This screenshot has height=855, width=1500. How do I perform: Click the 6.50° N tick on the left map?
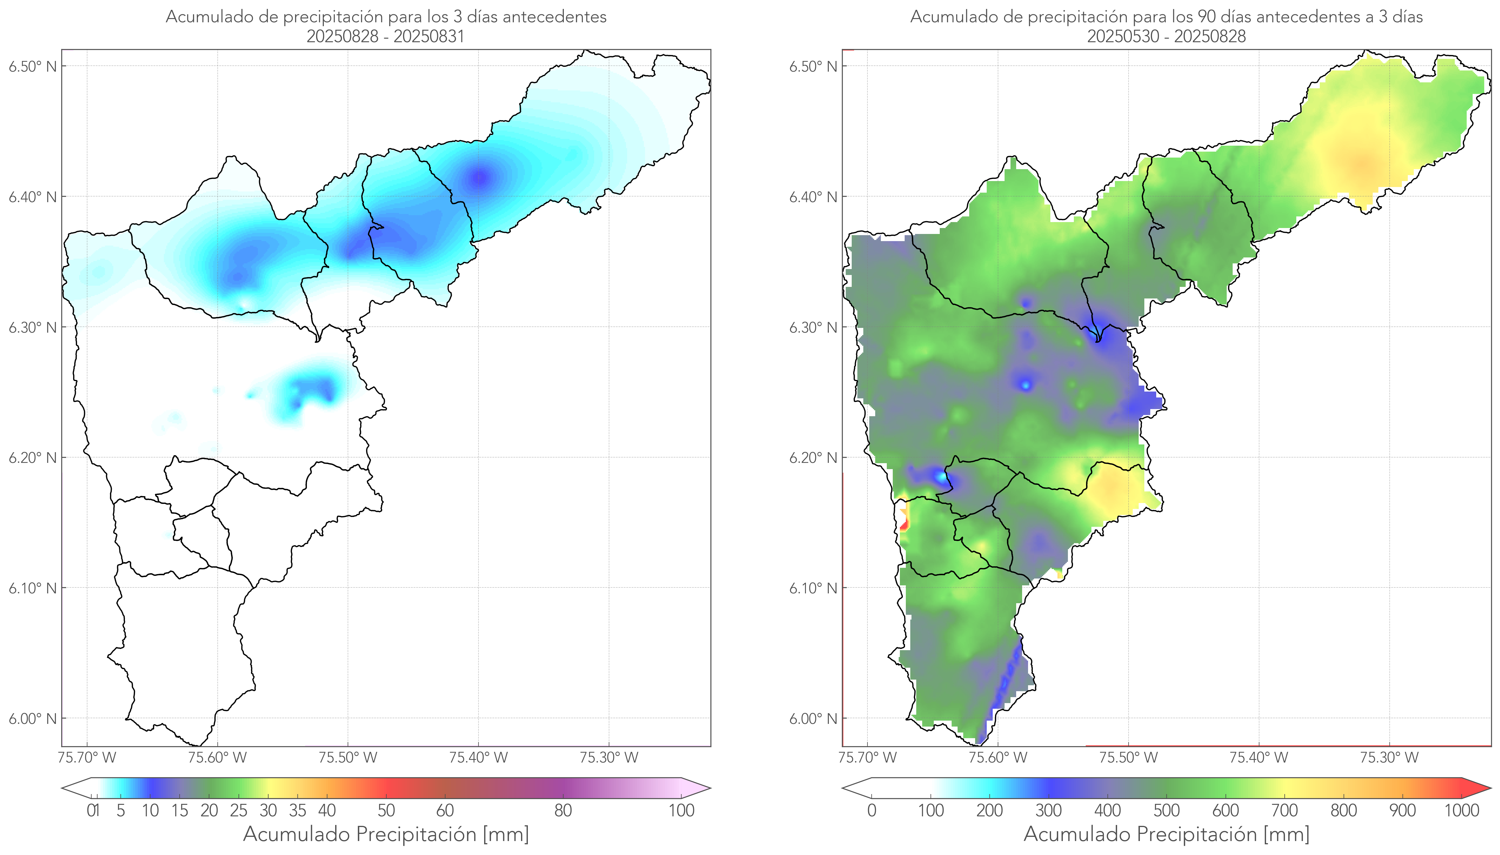[32, 66]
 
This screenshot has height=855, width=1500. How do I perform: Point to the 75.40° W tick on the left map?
[478, 757]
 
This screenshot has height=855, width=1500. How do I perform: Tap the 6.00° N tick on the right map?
[813, 719]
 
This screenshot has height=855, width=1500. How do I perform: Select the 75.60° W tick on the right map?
[998, 757]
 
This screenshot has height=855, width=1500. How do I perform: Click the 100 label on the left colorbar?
[681, 810]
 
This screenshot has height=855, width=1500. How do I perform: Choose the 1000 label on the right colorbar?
[1461, 810]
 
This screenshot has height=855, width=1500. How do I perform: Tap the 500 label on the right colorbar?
[1166, 810]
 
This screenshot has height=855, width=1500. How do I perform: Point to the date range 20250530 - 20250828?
[1166, 36]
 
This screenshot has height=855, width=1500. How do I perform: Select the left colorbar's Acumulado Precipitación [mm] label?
[386, 834]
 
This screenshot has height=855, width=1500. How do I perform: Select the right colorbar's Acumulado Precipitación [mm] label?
[1166, 834]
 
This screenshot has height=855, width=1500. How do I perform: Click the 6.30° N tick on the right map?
[813, 327]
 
